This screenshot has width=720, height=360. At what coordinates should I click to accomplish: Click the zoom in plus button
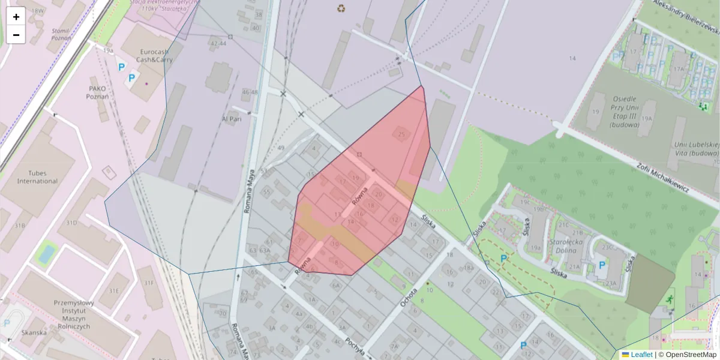[16, 17]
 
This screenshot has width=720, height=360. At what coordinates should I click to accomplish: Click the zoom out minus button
[16, 35]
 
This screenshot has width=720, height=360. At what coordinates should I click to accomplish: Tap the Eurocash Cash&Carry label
[138, 56]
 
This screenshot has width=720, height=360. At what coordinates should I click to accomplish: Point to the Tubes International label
[37, 177]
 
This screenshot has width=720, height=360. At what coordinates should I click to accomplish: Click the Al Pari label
[231, 119]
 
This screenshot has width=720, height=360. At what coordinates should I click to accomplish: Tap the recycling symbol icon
[341, 8]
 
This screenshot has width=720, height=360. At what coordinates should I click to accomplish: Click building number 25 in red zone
[401, 135]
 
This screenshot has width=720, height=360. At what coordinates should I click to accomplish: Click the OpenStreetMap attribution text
[687, 355]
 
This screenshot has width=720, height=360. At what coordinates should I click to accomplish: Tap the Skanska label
[34, 332]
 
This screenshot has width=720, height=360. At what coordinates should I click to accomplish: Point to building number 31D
[71, 223]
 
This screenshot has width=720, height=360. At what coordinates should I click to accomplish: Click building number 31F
[148, 283]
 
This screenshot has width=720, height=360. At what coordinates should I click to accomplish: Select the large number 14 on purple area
[572, 58]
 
